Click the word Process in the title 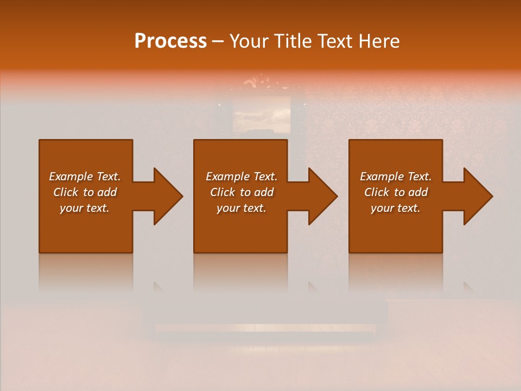pos(170,41)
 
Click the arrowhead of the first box pos(167,196)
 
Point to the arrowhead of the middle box pos(322,196)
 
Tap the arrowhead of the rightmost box pos(477,196)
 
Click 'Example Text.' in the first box pos(85,176)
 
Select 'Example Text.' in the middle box pos(241,176)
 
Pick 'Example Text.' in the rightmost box pos(396,176)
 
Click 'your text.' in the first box pos(85,208)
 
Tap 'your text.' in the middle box pos(241,208)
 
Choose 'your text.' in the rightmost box pos(396,208)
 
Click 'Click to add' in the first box pos(85,192)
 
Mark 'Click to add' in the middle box pos(241,192)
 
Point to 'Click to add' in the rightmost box pos(396,192)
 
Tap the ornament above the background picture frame pos(261,83)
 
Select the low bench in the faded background pos(266,320)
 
